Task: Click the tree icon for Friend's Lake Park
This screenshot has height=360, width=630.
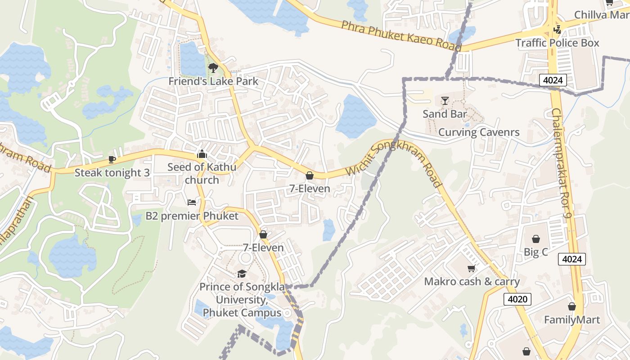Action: (x=213, y=68)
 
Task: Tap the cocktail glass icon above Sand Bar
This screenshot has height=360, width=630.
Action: (x=445, y=100)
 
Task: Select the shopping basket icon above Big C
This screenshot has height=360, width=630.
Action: (x=536, y=238)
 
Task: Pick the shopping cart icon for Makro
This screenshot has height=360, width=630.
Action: (x=471, y=269)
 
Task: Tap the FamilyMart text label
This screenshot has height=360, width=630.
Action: (x=572, y=320)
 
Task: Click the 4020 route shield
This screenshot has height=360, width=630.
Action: (x=517, y=299)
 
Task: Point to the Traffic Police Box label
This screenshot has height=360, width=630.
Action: (x=557, y=43)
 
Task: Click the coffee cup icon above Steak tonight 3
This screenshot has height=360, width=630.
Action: (x=112, y=159)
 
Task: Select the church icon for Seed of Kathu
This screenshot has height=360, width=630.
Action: (x=202, y=154)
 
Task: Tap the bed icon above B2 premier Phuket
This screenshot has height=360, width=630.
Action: (x=192, y=202)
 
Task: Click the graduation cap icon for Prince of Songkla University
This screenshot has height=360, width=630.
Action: (x=242, y=274)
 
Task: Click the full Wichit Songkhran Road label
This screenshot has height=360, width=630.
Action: (x=394, y=163)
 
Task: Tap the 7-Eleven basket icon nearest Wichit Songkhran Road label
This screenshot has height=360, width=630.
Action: (x=310, y=175)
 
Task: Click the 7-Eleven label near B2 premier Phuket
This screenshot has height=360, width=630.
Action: (x=263, y=247)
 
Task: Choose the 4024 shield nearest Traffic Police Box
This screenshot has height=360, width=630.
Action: (x=553, y=81)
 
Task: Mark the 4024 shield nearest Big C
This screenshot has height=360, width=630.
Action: (x=572, y=259)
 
